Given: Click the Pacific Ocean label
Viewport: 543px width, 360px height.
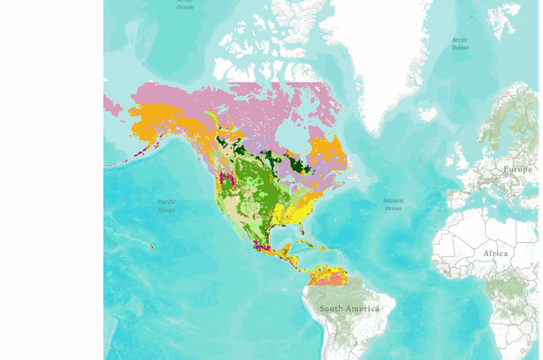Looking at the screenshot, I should pos(166,206).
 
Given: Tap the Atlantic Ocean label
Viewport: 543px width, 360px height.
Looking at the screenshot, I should pos(393,204).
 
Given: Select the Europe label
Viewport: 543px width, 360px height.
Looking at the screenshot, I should pos(517,168).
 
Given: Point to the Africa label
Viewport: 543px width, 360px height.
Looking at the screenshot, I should pos(495,253).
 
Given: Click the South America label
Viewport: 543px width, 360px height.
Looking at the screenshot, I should pos(349,308).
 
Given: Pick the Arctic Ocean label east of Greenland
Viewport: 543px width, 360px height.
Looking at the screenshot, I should pos(460,43).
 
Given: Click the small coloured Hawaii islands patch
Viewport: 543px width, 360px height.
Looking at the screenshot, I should pos(153,246).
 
